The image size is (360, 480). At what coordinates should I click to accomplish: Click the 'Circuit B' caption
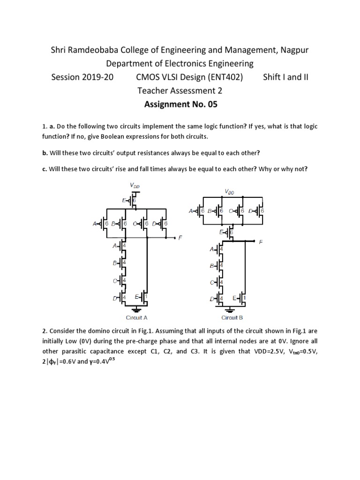(232, 317)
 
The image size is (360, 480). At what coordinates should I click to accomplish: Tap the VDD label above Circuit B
(230, 191)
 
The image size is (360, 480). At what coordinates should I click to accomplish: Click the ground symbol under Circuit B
(230, 309)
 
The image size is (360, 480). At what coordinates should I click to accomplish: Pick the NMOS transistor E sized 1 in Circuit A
(144, 297)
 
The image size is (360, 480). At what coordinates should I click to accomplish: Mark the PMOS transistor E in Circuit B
(228, 231)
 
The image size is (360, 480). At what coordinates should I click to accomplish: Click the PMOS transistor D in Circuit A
(162, 224)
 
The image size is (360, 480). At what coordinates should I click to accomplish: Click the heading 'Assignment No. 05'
(180, 104)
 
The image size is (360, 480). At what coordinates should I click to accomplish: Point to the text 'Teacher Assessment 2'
(180, 90)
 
